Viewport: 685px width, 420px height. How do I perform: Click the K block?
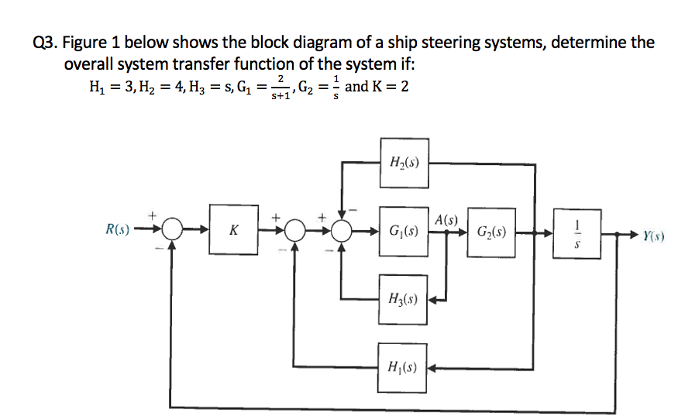(x=233, y=230)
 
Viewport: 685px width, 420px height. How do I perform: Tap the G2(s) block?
(x=490, y=231)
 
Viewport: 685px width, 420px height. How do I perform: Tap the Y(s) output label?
(x=653, y=232)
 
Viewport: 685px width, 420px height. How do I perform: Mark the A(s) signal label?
(x=448, y=219)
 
